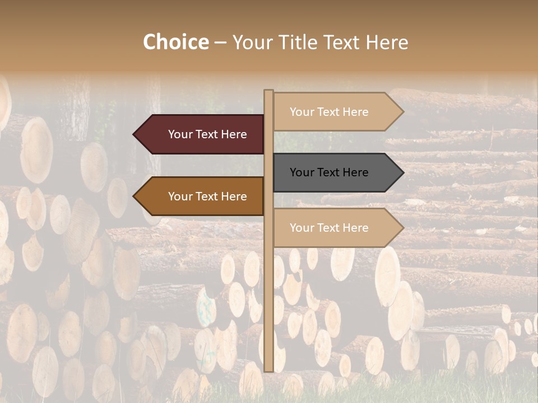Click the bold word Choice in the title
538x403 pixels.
click(175, 42)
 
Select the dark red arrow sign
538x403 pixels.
click(202, 134)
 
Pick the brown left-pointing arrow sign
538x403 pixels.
click(202, 196)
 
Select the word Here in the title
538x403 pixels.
click(387, 42)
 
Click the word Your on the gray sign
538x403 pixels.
click(302, 172)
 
